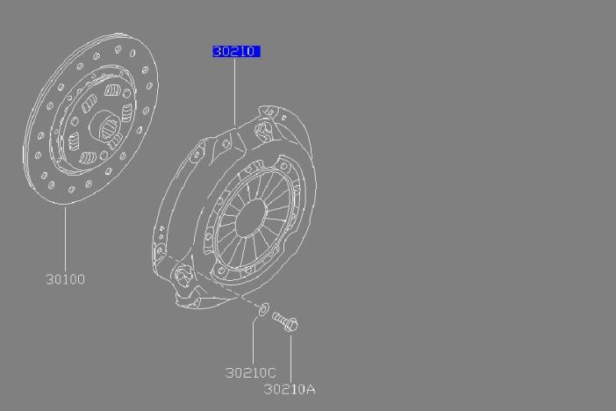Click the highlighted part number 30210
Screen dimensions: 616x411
click(x=236, y=52)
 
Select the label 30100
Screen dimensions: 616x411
click(x=65, y=279)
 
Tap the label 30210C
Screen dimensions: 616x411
click(x=250, y=372)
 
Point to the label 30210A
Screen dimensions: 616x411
click(x=290, y=389)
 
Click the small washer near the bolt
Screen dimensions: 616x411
click(x=263, y=309)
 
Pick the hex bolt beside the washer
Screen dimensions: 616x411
click(x=285, y=321)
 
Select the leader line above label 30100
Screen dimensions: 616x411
click(x=65, y=238)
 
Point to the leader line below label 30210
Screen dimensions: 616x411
click(x=234, y=92)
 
